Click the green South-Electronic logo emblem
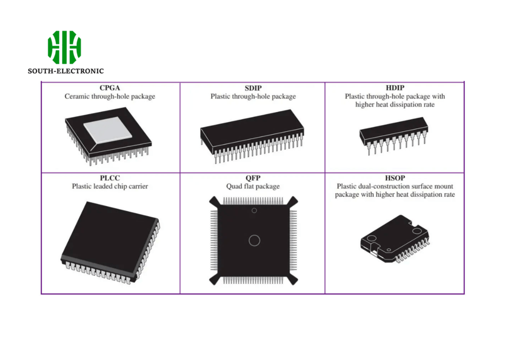coord(64,47)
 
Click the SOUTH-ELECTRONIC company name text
coord(66,71)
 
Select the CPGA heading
coord(110,88)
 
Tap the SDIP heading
coord(253,88)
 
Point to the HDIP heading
coord(395,88)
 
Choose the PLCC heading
coord(110,178)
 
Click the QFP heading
coord(253,178)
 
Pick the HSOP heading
coord(395,178)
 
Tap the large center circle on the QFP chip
coord(254,241)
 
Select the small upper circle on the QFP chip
coord(254,211)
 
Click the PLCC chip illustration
coord(110,240)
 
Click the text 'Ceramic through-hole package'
coord(110,97)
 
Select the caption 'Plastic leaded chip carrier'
coord(110,187)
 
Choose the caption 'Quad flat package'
coord(253,187)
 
